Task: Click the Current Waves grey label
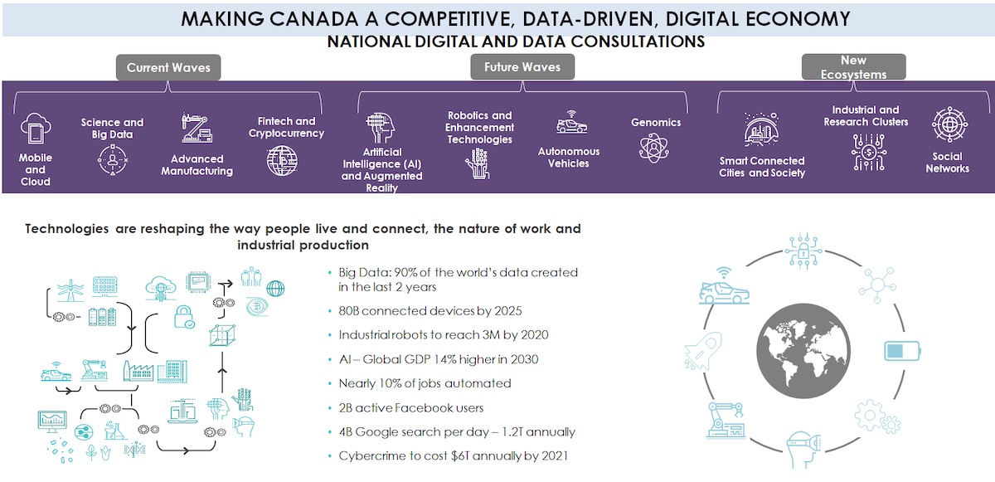pyautogui.click(x=168, y=67)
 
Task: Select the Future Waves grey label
pyautogui.click(x=522, y=67)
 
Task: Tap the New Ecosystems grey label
pyautogui.click(x=854, y=67)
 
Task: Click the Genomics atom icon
pyautogui.click(x=653, y=148)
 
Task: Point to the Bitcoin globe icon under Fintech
pyautogui.click(x=283, y=161)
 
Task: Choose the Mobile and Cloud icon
pyautogui.click(x=36, y=129)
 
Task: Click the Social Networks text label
pyautogui.click(x=948, y=163)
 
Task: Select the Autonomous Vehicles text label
pyautogui.click(x=569, y=158)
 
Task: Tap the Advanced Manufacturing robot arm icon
pyautogui.click(x=197, y=128)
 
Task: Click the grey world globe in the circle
pyautogui.click(x=803, y=350)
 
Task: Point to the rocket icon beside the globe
pyautogui.click(x=703, y=351)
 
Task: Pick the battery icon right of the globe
pyautogui.click(x=902, y=351)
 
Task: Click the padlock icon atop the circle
pyautogui.click(x=803, y=251)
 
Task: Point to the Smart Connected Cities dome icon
pyautogui.click(x=761, y=129)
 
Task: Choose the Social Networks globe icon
pyautogui.click(x=949, y=124)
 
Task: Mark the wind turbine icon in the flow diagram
pyautogui.click(x=70, y=290)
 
